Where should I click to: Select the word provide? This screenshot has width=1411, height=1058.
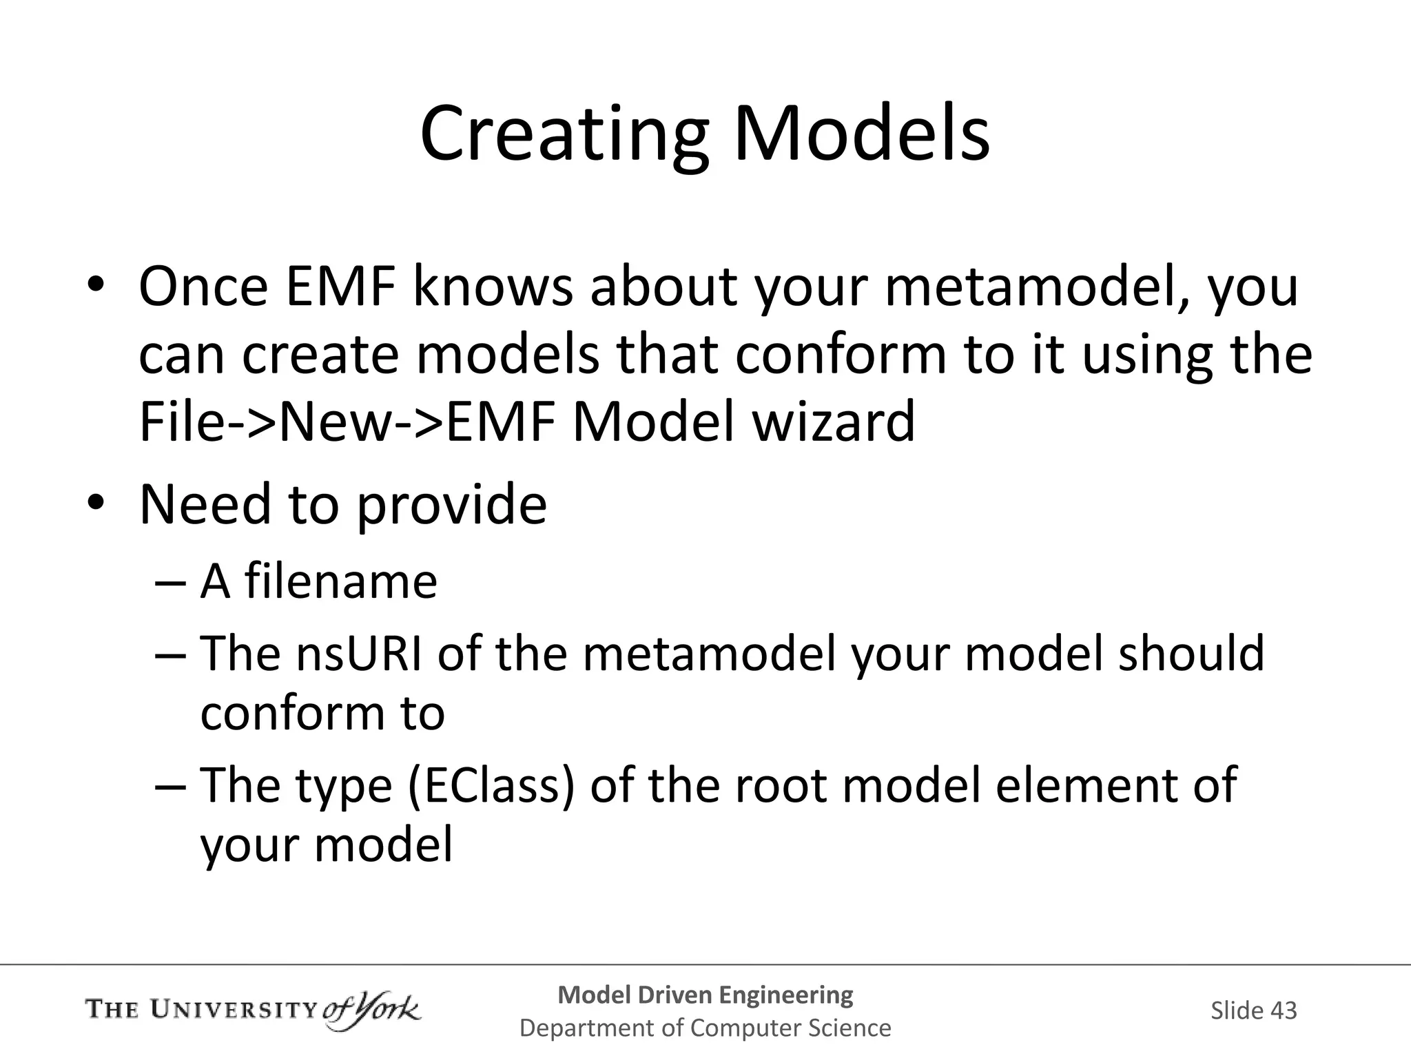(x=451, y=505)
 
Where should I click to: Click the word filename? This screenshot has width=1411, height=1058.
(x=341, y=581)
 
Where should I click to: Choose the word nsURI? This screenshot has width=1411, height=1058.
(x=358, y=653)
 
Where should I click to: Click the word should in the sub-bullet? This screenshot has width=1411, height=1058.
(x=1191, y=653)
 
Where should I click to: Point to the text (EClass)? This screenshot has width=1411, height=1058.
(x=491, y=785)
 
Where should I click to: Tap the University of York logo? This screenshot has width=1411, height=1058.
(x=252, y=1010)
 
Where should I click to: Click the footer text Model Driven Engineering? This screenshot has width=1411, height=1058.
(x=705, y=995)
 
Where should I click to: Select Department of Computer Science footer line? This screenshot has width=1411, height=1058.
(x=705, y=1028)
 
